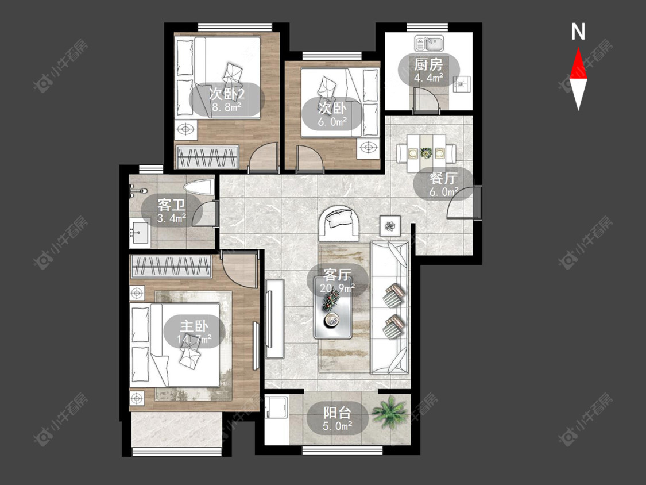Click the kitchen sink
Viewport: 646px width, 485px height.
click(x=429, y=43)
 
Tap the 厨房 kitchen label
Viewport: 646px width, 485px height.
click(x=428, y=65)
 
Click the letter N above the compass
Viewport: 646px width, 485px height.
click(x=578, y=32)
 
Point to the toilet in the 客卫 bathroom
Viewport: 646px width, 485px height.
click(x=199, y=187)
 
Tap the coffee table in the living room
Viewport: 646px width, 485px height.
click(x=333, y=307)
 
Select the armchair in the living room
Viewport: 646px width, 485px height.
click(x=339, y=223)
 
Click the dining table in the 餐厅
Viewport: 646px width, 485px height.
click(x=426, y=153)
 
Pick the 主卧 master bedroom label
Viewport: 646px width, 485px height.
click(x=194, y=326)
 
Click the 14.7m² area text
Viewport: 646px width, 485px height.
click(x=195, y=340)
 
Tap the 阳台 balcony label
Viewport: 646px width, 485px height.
click(x=337, y=413)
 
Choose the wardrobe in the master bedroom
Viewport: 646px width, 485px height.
click(x=171, y=266)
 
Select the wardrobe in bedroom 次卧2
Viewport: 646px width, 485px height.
click(x=207, y=157)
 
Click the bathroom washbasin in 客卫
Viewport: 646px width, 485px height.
click(x=140, y=233)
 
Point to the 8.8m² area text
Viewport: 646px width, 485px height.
click(x=226, y=108)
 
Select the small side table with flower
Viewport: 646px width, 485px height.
click(x=390, y=226)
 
